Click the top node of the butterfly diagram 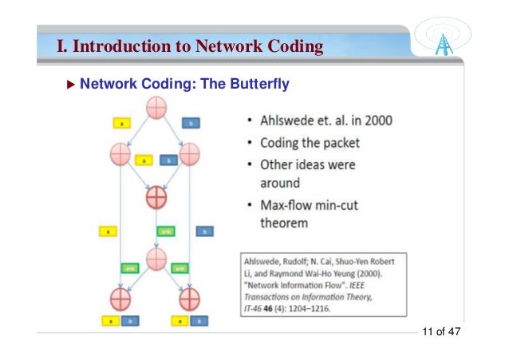coord(156,106)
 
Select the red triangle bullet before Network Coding coord(69,84)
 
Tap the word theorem coord(284,224)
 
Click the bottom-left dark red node coord(120,299)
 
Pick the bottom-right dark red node coord(190,299)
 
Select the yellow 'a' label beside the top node coord(120,124)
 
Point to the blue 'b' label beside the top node coord(191,124)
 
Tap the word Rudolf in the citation coord(301,261)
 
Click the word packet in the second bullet coord(338,143)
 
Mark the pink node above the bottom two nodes coord(156,258)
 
